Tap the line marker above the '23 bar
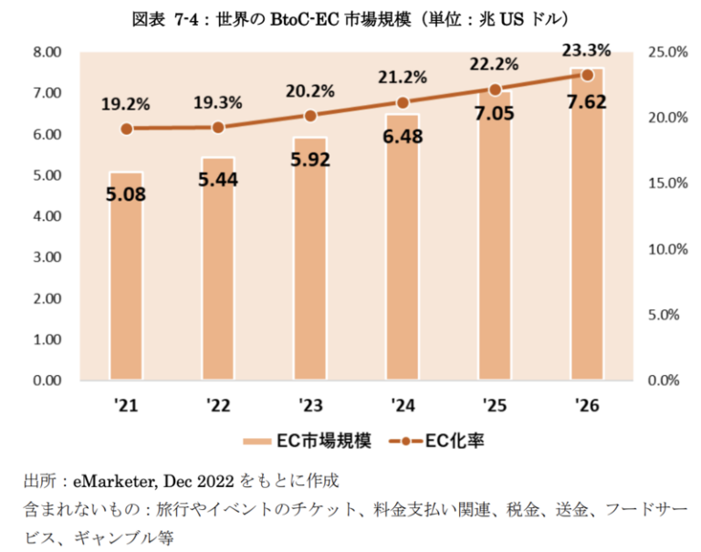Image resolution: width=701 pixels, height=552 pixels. tap(310, 116)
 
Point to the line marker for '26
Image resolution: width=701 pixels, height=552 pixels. tap(587, 75)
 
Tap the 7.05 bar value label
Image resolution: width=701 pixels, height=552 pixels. tap(494, 112)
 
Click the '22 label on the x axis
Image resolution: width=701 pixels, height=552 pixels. tap(217, 403)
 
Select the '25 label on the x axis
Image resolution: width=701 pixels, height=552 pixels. tap(494, 403)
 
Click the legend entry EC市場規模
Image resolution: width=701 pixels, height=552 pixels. tap(307, 442)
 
